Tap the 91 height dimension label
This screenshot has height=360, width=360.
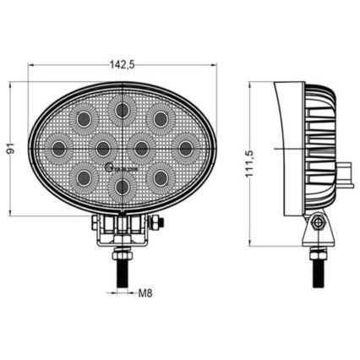click(11, 149)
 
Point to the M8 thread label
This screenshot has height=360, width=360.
click(145, 294)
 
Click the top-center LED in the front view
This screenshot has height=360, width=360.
click(123, 108)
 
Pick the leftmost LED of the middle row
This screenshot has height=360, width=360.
click(59, 149)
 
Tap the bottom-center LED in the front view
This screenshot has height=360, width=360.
click(123, 187)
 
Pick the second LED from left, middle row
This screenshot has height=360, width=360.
click(103, 149)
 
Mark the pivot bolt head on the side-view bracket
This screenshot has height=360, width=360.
click(318, 222)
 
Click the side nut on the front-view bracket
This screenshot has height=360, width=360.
click(158, 223)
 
